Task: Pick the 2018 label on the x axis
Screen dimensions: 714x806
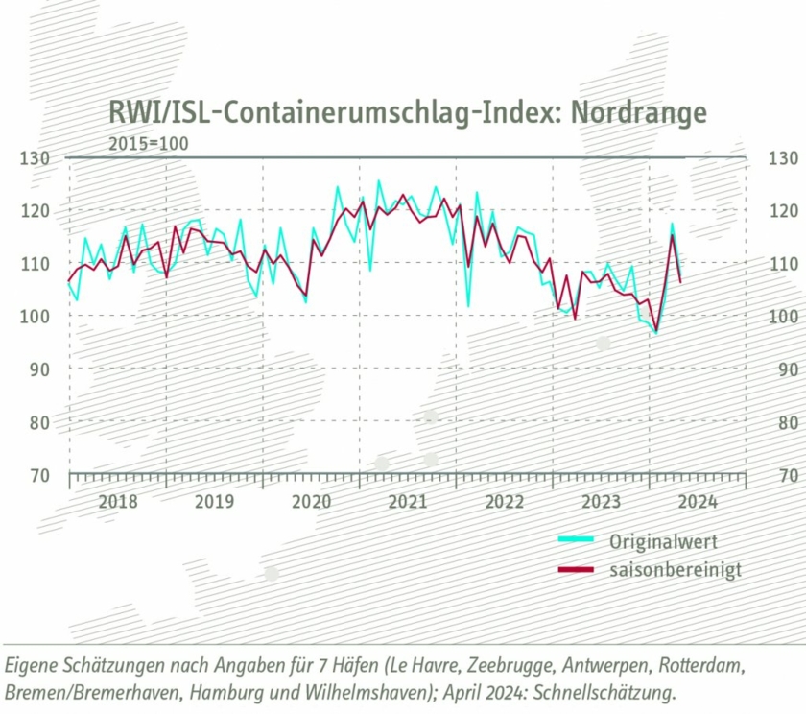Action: (x=117, y=501)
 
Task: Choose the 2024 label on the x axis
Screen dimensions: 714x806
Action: (x=698, y=501)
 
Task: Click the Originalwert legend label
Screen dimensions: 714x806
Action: (x=663, y=541)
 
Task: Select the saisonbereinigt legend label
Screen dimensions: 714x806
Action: (x=676, y=570)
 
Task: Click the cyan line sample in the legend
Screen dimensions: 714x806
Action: (x=578, y=542)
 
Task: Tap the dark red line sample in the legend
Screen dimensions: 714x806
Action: (x=578, y=571)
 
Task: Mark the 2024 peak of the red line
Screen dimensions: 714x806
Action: (x=672, y=234)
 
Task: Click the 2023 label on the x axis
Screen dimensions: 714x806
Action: (x=601, y=501)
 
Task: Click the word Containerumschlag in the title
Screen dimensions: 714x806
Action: (x=346, y=112)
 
